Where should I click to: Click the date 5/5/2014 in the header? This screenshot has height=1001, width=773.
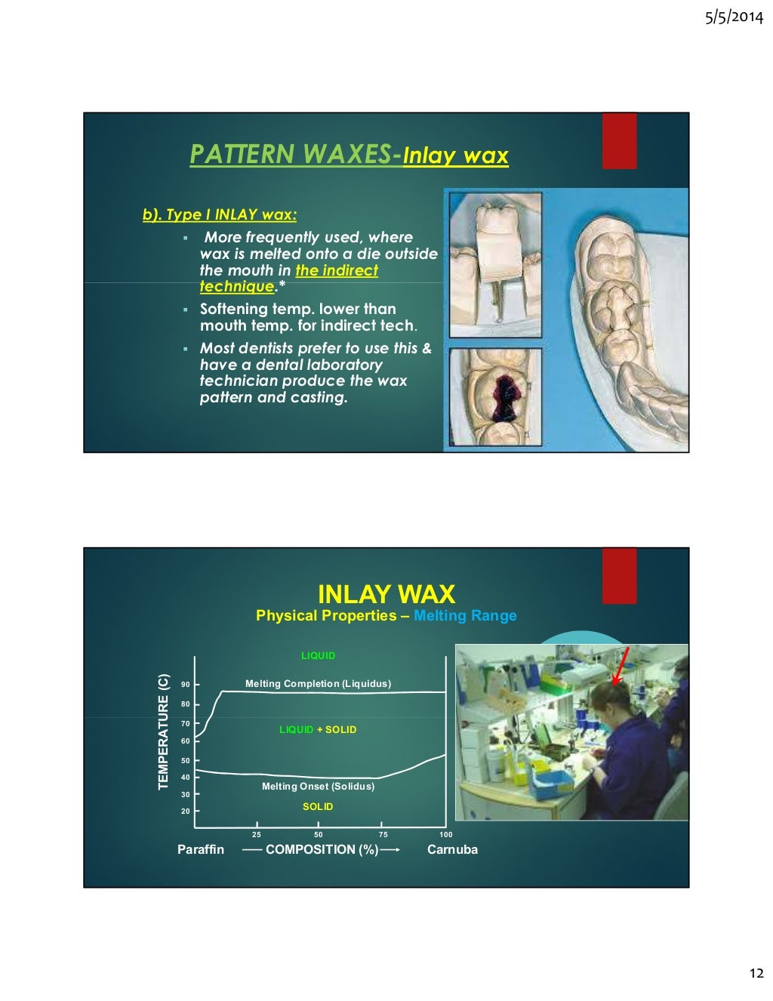(x=734, y=17)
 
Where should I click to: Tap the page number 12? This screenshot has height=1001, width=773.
(x=756, y=973)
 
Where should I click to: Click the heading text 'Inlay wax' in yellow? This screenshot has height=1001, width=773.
(x=455, y=156)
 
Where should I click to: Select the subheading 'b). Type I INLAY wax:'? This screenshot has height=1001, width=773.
(x=220, y=214)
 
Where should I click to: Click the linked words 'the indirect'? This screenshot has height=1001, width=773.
(x=337, y=270)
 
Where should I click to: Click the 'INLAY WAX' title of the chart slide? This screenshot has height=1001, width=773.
(x=386, y=594)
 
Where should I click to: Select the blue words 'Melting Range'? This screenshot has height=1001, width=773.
(x=465, y=615)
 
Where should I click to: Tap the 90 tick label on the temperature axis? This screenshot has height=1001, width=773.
(x=186, y=685)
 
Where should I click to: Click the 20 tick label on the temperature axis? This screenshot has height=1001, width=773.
(x=186, y=812)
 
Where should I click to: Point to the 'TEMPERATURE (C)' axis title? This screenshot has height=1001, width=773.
(x=163, y=731)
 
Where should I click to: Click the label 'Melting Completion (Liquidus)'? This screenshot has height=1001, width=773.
(x=318, y=684)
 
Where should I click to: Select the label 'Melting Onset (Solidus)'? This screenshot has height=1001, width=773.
(x=318, y=787)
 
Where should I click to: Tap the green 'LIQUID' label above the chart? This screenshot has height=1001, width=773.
(x=318, y=655)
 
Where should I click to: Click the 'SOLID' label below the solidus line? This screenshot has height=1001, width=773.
(x=318, y=807)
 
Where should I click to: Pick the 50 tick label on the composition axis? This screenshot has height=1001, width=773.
(x=319, y=834)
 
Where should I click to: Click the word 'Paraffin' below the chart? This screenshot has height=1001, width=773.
(x=201, y=849)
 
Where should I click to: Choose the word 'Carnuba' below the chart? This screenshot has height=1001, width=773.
(x=452, y=849)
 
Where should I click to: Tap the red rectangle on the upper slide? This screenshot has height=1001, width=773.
(x=619, y=141)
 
